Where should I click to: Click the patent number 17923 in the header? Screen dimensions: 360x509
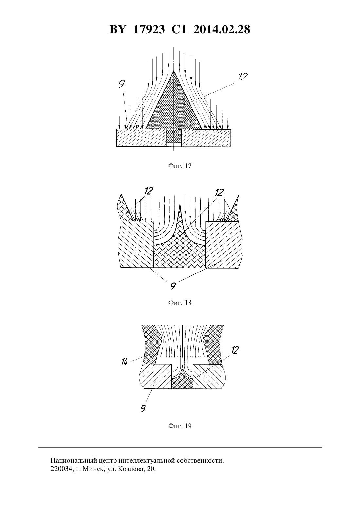click(149, 29)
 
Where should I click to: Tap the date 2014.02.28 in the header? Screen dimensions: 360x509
click(222, 29)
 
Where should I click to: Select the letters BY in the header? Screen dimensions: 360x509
click(117, 29)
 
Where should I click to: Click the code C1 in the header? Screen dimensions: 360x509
click(179, 29)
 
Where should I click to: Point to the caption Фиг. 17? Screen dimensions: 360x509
click(180, 166)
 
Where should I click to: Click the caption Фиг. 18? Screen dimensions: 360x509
click(180, 303)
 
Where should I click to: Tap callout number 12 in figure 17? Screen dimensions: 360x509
click(242, 77)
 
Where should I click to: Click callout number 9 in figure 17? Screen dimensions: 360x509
click(122, 84)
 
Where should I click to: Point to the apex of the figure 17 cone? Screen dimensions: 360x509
click(174, 71)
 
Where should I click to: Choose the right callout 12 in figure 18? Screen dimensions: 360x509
click(219, 193)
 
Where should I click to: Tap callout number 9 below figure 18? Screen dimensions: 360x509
click(173, 286)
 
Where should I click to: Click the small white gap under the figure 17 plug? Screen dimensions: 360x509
click(174, 145)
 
